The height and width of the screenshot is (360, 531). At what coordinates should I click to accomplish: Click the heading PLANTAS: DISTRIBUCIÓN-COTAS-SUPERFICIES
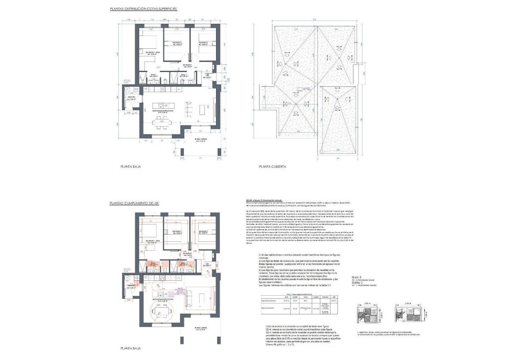pyautogui.click(x=143, y=8)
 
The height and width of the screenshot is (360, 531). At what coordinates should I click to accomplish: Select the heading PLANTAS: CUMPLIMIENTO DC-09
pyautogui.click(x=134, y=204)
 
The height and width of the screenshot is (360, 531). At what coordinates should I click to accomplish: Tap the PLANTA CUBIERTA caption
pyautogui.click(x=272, y=166)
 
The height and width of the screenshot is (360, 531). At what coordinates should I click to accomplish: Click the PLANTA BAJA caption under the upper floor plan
pyautogui.click(x=131, y=166)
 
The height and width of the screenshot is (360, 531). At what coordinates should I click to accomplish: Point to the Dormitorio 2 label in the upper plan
pyautogui.click(x=177, y=43)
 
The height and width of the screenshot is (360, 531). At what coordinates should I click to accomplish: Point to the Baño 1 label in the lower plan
pyautogui.click(x=153, y=264)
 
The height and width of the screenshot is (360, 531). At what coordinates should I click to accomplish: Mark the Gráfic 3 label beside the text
pyautogui.click(x=356, y=277)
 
